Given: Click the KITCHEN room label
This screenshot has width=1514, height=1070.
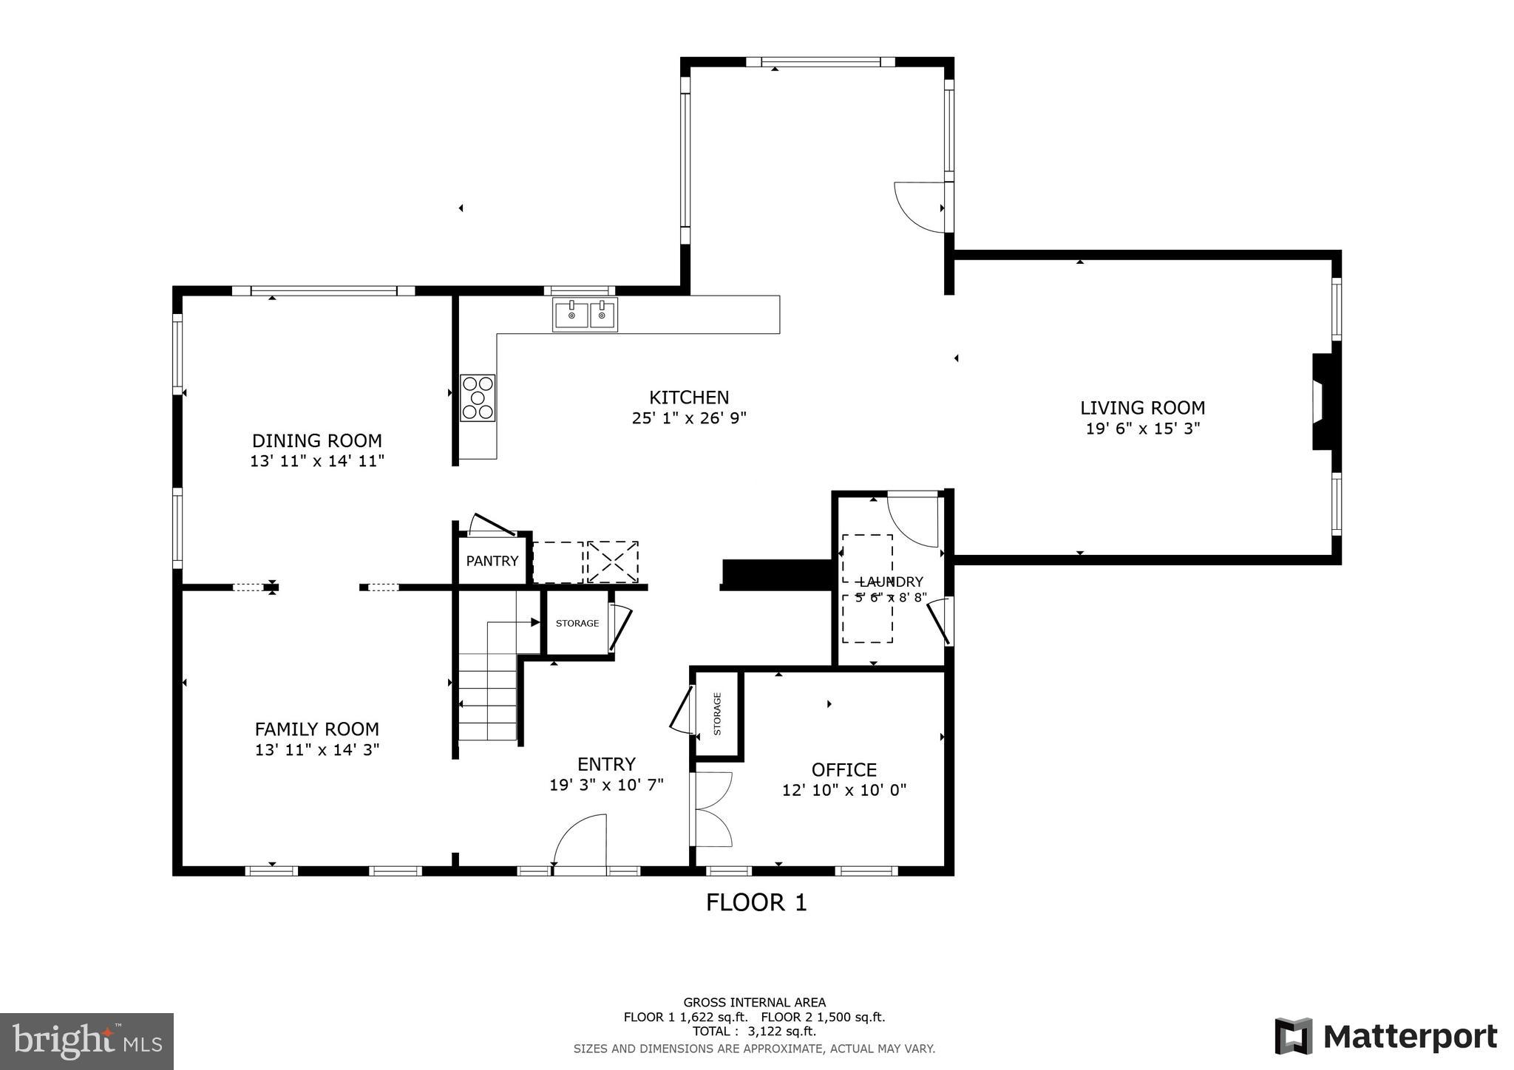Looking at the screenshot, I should [x=689, y=398].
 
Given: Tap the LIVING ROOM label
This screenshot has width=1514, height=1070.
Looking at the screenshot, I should [x=1142, y=408].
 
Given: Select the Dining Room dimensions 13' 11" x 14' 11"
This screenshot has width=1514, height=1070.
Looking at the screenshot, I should [x=317, y=461].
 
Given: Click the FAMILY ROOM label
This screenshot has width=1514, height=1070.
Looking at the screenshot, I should [x=317, y=729].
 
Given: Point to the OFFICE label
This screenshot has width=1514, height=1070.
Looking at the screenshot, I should [x=844, y=770].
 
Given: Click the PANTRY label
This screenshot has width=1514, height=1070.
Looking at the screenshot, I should [x=492, y=561].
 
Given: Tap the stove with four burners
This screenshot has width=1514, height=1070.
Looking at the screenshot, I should [x=478, y=398].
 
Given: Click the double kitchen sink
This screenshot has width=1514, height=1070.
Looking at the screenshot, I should [x=585, y=316].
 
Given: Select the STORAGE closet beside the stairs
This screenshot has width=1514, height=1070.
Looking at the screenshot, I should [x=577, y=623].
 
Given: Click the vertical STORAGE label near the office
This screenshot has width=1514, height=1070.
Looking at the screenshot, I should [x=717, y=714].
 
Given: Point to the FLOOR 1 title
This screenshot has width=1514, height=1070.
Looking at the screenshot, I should [x=756, y=902].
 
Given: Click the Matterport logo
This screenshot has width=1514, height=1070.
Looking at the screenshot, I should [x=1386, y=1036].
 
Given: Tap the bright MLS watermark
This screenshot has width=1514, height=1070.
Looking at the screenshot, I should [x=86, y=1041].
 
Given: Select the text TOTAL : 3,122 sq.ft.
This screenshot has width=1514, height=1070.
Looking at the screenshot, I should [x=754, y=1031].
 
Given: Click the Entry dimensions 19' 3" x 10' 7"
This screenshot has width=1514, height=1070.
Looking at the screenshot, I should [x=606, y=785].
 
